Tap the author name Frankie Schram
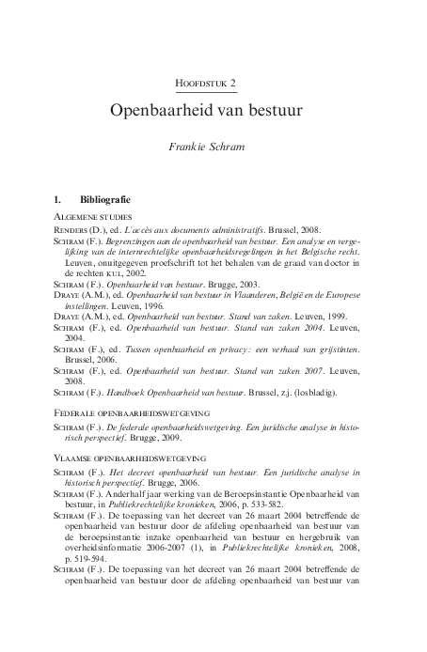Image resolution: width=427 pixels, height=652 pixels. (213, 147)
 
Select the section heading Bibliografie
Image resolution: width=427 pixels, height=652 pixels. (104, 200)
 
